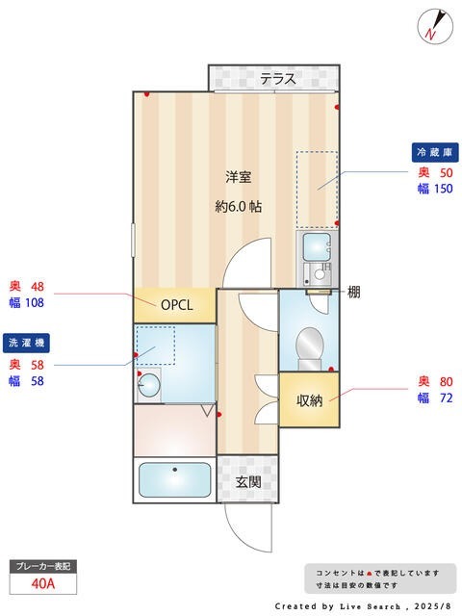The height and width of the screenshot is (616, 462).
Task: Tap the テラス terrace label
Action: (277, 79)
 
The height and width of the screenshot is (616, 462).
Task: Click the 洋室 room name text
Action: (239, 177)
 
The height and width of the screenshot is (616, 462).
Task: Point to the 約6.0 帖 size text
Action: (238, 206)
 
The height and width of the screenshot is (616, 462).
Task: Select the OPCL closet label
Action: (176, 306)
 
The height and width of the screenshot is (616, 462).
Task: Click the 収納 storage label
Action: (308, 399)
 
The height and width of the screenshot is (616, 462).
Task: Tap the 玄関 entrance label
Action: (249, 480)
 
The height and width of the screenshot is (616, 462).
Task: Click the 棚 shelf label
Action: (354, 291)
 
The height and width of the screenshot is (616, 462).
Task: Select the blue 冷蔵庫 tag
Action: (434, 153)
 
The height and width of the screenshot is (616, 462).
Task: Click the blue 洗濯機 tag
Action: (27, 343)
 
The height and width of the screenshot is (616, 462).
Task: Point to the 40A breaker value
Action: (41, 583)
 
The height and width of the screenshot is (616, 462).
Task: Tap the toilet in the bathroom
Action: (309, 346)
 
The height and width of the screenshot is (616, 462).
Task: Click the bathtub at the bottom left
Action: (174, 480)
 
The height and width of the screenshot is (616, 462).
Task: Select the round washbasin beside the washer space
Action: (149, 385)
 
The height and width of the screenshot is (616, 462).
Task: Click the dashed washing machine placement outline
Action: (155, 345)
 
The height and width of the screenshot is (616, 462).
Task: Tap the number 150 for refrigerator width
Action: (441, 190)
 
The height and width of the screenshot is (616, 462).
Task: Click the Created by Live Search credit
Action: (362, 606)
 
